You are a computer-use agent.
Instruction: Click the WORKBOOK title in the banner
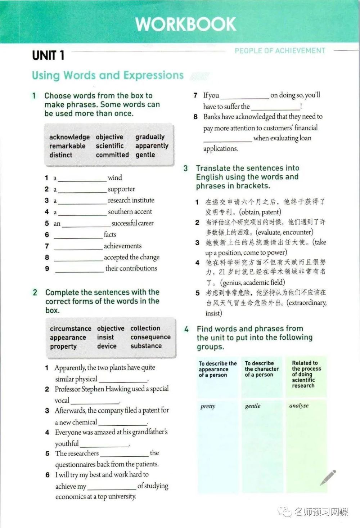[x=186, y=24]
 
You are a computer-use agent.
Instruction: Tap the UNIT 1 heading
[x=48, y=55]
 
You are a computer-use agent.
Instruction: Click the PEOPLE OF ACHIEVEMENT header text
[x=280, y=51]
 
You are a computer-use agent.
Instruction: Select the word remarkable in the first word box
[x=67, y=146]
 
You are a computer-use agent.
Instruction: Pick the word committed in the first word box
[x=112, y=155]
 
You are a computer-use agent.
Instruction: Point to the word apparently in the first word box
[x=152, y=146]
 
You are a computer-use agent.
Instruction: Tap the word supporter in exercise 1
[x=121, y=189]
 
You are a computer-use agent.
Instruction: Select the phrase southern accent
[x=130, y=212]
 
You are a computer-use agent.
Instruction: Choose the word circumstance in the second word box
[x=71, y=329]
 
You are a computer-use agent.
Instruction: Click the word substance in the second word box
[x=146, y=346]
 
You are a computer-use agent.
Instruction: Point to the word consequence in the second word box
[x=150, y=337]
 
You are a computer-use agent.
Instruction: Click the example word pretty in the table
[x=208, y=406]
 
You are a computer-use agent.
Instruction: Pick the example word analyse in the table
[x=299, y=406]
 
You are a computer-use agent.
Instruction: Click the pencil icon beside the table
[x=328, y=478]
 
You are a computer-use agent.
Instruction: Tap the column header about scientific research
[x=306, y=374]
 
